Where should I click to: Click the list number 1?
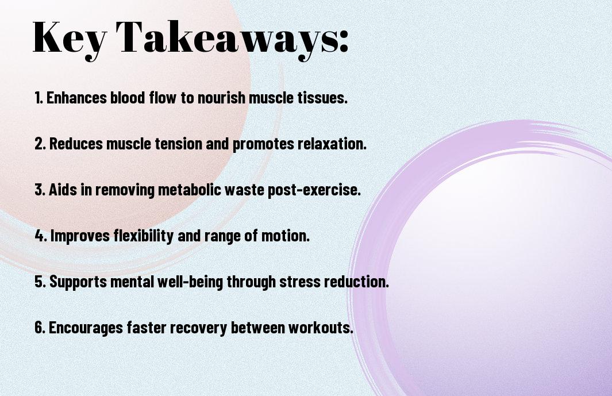pos(39,98)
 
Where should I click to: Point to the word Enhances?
pos(76,98)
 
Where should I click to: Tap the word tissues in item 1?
pos(322,98)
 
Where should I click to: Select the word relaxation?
pos(332,144)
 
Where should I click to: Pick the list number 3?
pos(40,190)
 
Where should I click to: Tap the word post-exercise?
pos(314,190)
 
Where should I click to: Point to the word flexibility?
pos(144,236)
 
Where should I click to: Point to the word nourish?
pos(221,98)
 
